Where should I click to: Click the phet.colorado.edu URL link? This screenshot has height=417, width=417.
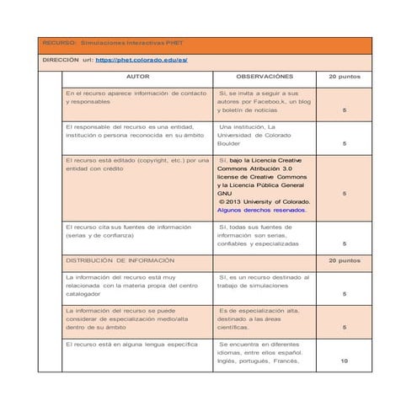tap(142, 61)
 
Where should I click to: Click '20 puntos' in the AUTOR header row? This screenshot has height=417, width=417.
tap(344, 77)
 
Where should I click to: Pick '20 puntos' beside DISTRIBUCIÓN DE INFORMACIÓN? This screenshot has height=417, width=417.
tap(344, 261)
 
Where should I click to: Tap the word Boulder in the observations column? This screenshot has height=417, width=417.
tap(229, 144)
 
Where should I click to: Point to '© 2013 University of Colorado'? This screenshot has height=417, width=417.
tap(264, 202)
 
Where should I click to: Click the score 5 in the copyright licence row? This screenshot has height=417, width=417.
tap(344, 194)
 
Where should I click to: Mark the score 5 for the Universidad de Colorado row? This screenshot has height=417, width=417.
tap(344, 144)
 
